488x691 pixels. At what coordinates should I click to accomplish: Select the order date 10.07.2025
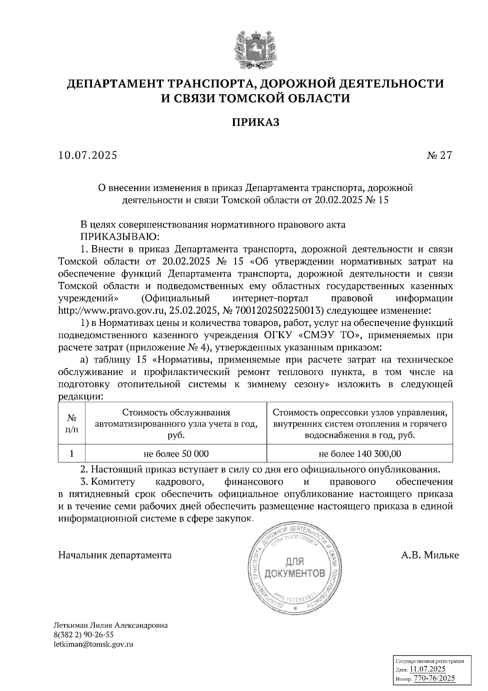point(87,155)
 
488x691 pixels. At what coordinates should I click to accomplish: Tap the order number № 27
point(439,155)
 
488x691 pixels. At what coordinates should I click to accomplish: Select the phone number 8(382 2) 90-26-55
point(83,635)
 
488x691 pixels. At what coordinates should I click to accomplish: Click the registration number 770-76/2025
point(434,678)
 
